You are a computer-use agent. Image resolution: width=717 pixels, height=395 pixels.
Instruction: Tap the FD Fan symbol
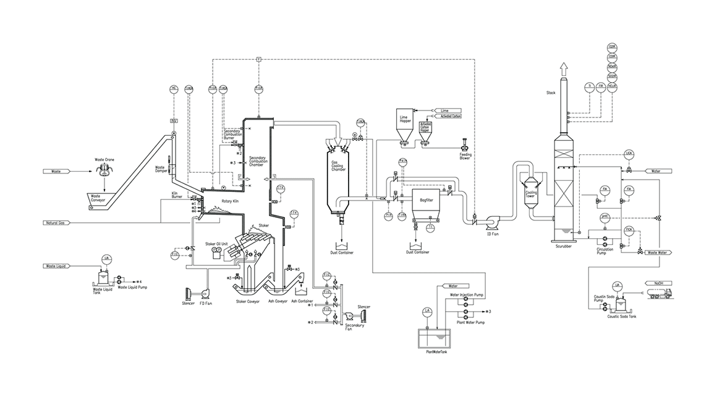pyautogui.click(x=202, y=292)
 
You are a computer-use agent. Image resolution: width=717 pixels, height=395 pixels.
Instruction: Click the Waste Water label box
pyautogui.click(x=658, y=252)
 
